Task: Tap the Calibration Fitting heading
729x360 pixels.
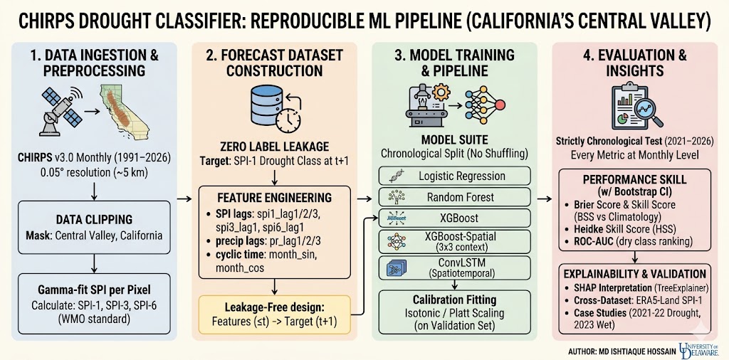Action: (x=454, y=300)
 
